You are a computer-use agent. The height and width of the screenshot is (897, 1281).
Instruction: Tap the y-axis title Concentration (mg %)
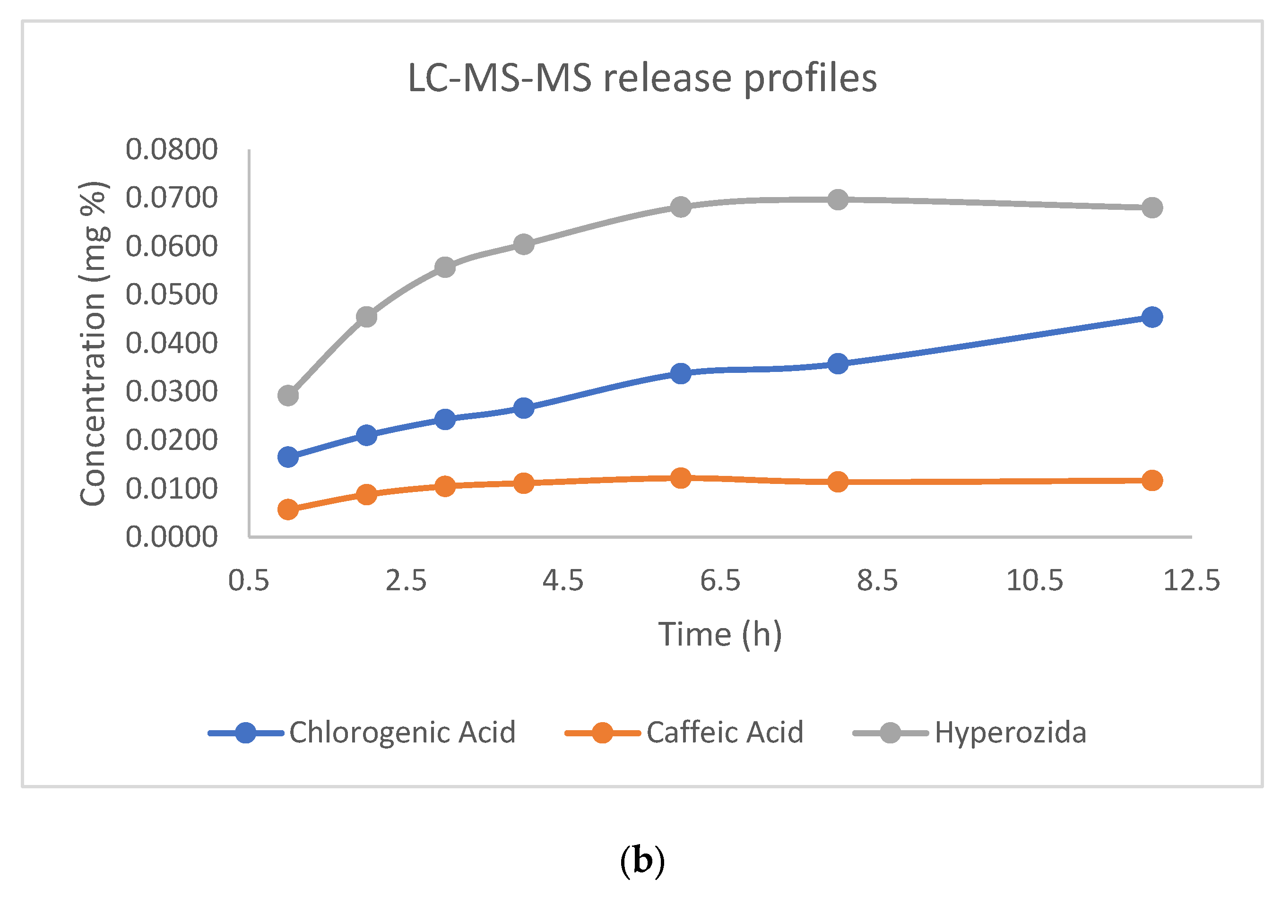94,344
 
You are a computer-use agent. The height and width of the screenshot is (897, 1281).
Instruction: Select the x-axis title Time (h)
720,634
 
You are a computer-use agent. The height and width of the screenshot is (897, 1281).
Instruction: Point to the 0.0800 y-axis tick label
171,149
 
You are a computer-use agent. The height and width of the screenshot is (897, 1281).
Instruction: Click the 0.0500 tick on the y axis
171,294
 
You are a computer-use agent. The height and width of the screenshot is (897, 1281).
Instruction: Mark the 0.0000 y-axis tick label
171,536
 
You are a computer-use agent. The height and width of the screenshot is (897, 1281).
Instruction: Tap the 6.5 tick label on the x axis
720,581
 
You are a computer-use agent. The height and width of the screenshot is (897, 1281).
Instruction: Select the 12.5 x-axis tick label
1191,581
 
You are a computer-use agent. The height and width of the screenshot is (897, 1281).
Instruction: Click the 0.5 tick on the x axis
249,581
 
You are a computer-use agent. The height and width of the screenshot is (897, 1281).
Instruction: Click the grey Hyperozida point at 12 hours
1152,208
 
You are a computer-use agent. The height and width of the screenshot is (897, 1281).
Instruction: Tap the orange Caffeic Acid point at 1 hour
288,509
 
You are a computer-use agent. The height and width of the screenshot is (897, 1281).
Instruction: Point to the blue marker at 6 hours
681,373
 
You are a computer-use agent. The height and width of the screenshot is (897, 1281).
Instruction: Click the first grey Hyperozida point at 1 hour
288,396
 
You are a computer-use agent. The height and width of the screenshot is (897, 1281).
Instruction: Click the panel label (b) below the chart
642,860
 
